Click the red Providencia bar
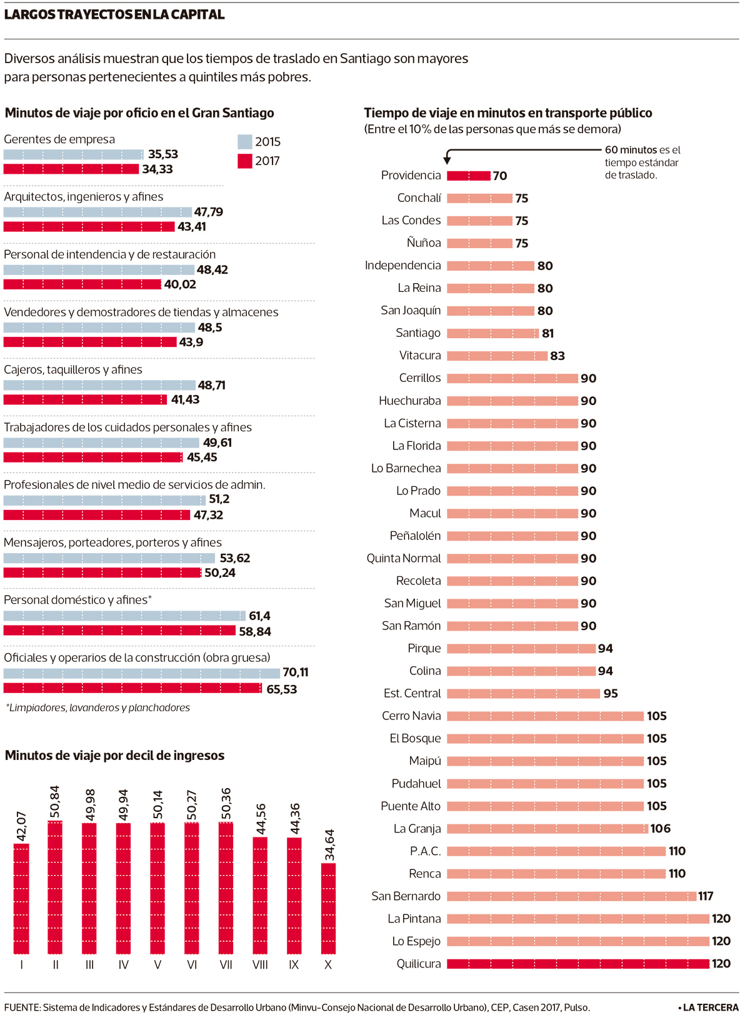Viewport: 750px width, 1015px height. pos(469,176)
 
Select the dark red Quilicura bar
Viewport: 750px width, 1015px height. pos(578,964)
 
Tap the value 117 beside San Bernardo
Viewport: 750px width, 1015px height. pos(706,896)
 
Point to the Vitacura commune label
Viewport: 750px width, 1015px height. pos(420,356)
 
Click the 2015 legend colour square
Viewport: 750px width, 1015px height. pos(245,142)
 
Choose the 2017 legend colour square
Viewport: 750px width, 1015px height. pos(245,161)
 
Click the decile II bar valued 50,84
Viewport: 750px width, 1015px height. pos(55,887)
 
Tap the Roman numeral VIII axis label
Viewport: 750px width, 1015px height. pos(260,965)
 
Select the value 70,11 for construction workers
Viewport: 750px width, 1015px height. pos(296,672)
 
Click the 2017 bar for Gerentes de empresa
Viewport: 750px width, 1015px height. pos(71,169)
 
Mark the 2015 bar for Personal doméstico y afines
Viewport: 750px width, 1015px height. pos(124,616)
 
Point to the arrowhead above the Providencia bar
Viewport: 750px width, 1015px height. pos(447,161)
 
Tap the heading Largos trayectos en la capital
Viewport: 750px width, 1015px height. pos(114,15)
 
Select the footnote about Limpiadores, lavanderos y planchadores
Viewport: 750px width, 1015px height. pos(98,707)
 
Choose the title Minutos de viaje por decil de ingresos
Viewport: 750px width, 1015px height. pos(114,756)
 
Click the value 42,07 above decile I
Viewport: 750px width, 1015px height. pos(22,826)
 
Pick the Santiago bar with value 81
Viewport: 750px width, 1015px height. pos(492,333)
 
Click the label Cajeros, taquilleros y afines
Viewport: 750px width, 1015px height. pos(73,369)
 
